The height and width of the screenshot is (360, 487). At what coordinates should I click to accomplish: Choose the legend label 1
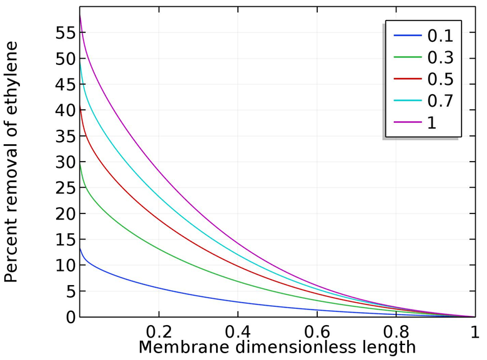click(431, 122)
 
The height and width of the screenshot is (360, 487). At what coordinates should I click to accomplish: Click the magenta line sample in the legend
click(408, 122)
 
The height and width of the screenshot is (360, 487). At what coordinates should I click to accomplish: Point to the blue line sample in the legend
click(408, 36)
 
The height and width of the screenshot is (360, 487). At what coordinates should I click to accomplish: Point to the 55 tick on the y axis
click(64, 33)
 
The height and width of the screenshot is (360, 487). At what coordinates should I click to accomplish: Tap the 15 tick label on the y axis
click(64, 240)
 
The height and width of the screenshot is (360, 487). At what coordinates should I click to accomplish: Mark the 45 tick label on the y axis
click(64, 85)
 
